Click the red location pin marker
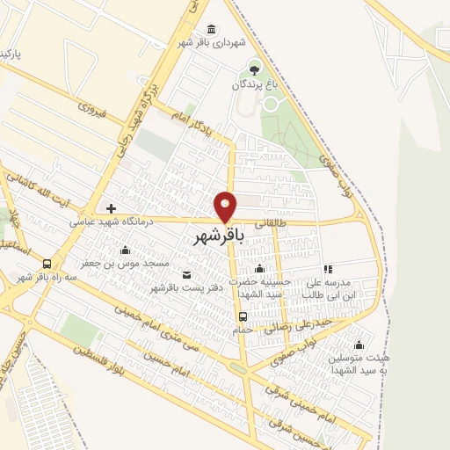point(226,206)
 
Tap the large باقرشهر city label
point(214,236)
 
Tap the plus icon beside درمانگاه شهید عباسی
point(111,208)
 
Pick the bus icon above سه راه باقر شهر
point(46,263)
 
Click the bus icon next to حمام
point(243,316)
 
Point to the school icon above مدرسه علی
point(328,269)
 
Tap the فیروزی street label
point(92,110)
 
